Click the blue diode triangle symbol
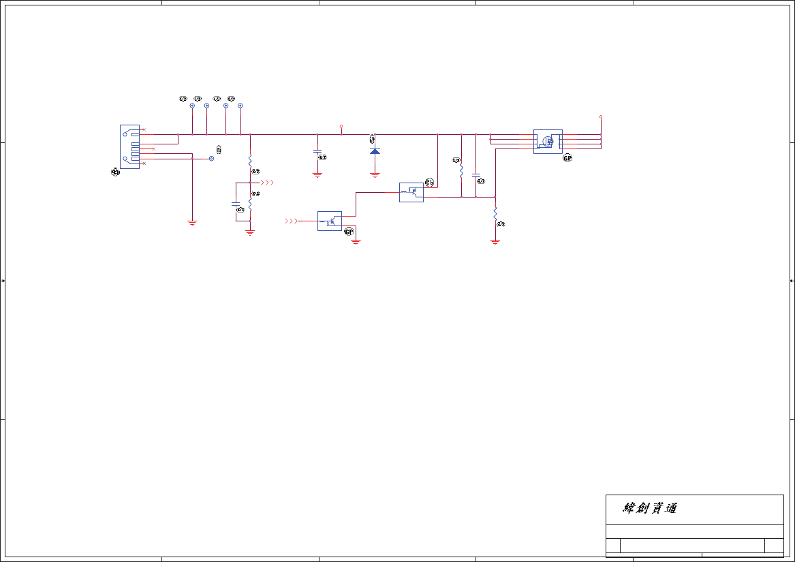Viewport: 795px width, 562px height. (375, 151)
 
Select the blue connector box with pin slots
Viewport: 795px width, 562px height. (129, 146)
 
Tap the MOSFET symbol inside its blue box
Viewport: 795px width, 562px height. (548, 142)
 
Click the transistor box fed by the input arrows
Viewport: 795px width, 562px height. (330, 221)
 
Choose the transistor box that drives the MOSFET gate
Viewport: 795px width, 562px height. (411, 192)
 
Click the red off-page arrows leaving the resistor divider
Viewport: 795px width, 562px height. (268, 183)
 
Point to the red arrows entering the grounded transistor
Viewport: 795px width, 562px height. (291, 221)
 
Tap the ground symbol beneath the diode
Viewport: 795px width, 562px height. (375, 175)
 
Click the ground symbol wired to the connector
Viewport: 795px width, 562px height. (192, 222)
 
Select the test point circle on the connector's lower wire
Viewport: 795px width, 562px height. (211, 158)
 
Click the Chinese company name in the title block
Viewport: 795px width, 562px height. (650, 508)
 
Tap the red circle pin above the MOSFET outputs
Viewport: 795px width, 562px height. (601, 116)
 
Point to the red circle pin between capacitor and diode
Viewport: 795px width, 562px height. (341, 126)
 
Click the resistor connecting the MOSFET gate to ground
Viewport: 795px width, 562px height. (495, 214)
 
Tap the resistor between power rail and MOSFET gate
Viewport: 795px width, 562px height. (461, 169)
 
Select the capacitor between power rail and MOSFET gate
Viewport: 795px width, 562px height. (476, 175)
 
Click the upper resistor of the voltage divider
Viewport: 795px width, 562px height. (250, 161)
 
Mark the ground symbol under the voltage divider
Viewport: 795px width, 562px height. (250, 232)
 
